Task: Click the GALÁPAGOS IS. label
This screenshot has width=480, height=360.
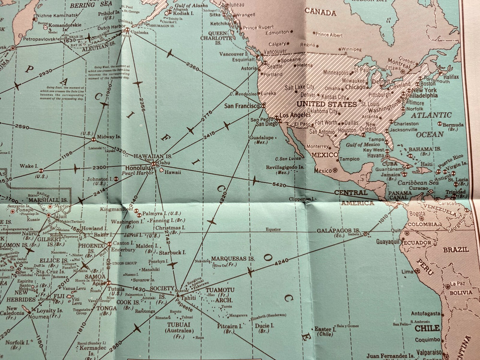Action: [x=338, y=230]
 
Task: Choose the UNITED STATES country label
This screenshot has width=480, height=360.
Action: [x=326, y=104]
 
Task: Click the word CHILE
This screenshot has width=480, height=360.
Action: [x=427, y=329]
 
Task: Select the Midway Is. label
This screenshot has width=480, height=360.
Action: [x=109, y=137]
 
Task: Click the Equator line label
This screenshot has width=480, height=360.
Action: [x=271, y=229]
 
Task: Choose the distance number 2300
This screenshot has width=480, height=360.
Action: [x=99, y=167]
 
